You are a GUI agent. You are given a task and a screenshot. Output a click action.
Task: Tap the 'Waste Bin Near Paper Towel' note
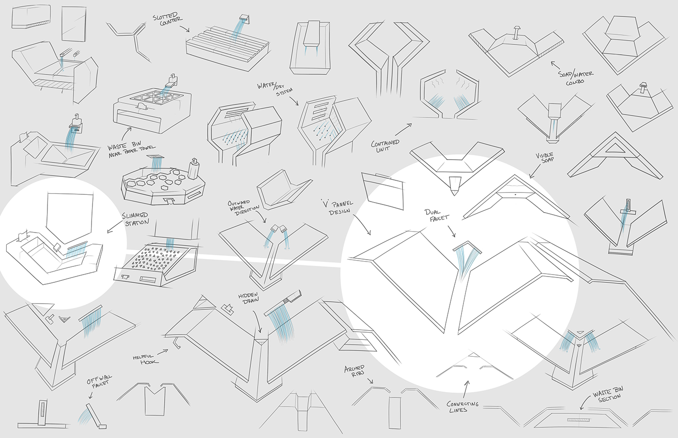pyautogui.click(x=131, y=149)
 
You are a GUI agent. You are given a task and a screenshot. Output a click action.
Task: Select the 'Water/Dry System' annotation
pyautogui.click(x=275, y=88)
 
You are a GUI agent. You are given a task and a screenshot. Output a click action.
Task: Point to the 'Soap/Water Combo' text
pyautogui.click(x=576, y=77)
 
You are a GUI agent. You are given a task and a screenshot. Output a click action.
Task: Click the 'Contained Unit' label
pyautogui.click(x=385, y=146)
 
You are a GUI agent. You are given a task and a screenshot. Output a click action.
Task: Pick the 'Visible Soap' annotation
pyautogui.click(x=545, y=158)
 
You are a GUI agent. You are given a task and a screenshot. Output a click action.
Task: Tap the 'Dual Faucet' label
pyautogui.click(x=437, y=215)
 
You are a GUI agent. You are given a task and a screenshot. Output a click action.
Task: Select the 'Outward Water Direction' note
pyautogui.click(x=243, y=206)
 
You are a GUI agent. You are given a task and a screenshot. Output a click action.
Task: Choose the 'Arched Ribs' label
pyautogui.click(x=354, y=371)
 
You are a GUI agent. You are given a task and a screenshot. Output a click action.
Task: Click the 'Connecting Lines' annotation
pyautogui.click(x=462, y=407)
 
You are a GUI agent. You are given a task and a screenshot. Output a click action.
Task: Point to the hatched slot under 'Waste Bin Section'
pyautogui.click(x=578, y=420)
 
